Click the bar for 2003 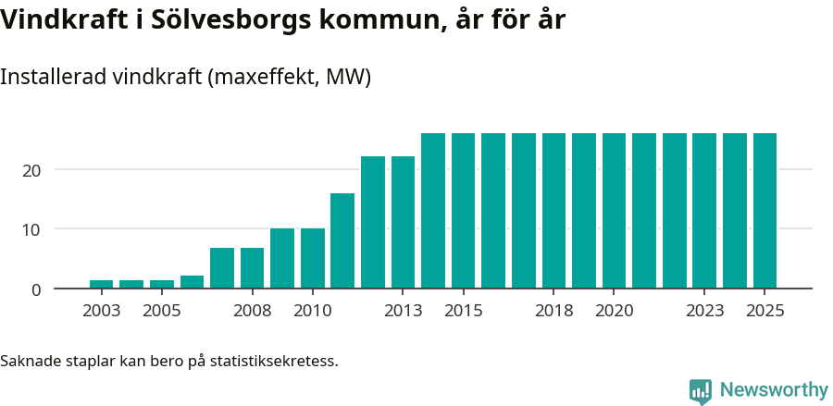(x=102, y=284)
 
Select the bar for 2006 (x=192, y=282)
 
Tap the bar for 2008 (x=252, y=268)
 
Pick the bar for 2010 (x=313, y=258)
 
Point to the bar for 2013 (x=403, y=222)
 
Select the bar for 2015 (x=463, y=211)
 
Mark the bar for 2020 (x=614, y=211)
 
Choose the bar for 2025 (x=765, y=211)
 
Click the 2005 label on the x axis (x=161, y=311)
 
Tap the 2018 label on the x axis (x=553, y=311)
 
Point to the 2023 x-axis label (x=704, y=311)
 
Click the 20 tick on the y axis (x=32, y=170)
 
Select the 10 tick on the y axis (x=32, y=229)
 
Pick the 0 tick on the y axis (x=37, y=289)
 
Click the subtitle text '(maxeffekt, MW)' (x=290, y=78)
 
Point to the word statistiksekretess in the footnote (x=274, y=360)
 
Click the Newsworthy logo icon (x=701, y=391)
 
